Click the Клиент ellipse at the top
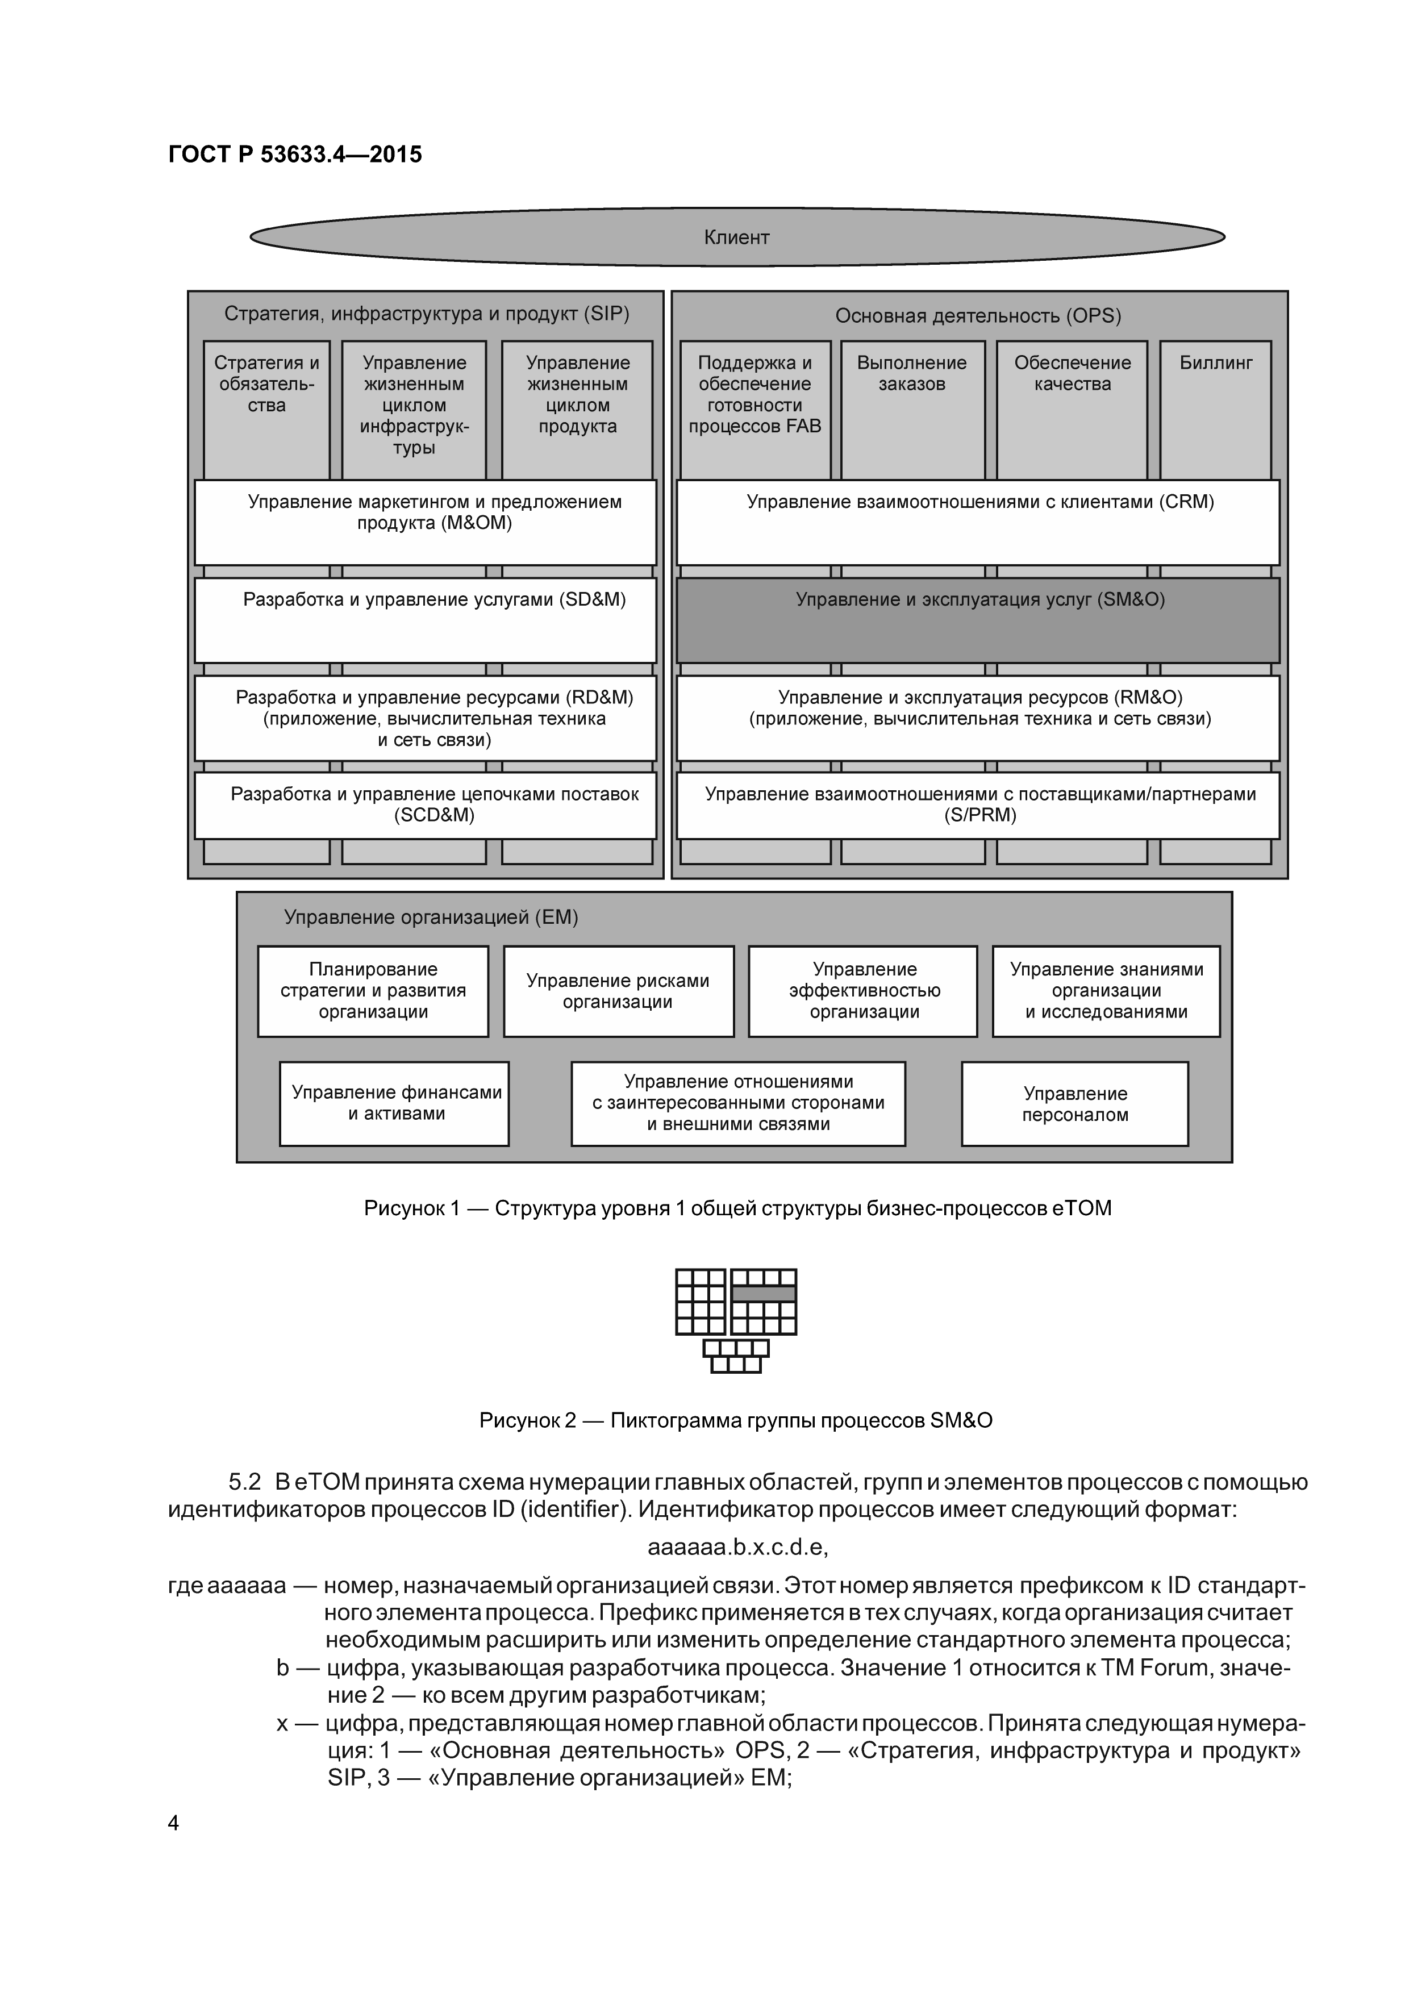tap(737, 237)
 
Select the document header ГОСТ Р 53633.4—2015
tap(295, 155)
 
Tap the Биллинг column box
tap(1215, 408)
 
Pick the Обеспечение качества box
tap(1072, 408)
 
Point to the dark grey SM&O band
tap(978, 620)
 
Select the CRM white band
tap(978, 523)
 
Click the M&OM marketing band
tap(426, 523)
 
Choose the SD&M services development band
tap(426, 620)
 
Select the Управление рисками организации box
tap(618, 991)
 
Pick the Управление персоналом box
tap(1075, 1103)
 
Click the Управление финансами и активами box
tap(394, 1103)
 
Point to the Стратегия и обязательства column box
tap(266, 408)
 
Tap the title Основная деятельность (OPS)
tap(978, 316)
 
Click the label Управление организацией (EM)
tap(431, 918)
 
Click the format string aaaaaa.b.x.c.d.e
tap(737, 1548)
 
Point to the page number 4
tap(174, 1823)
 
